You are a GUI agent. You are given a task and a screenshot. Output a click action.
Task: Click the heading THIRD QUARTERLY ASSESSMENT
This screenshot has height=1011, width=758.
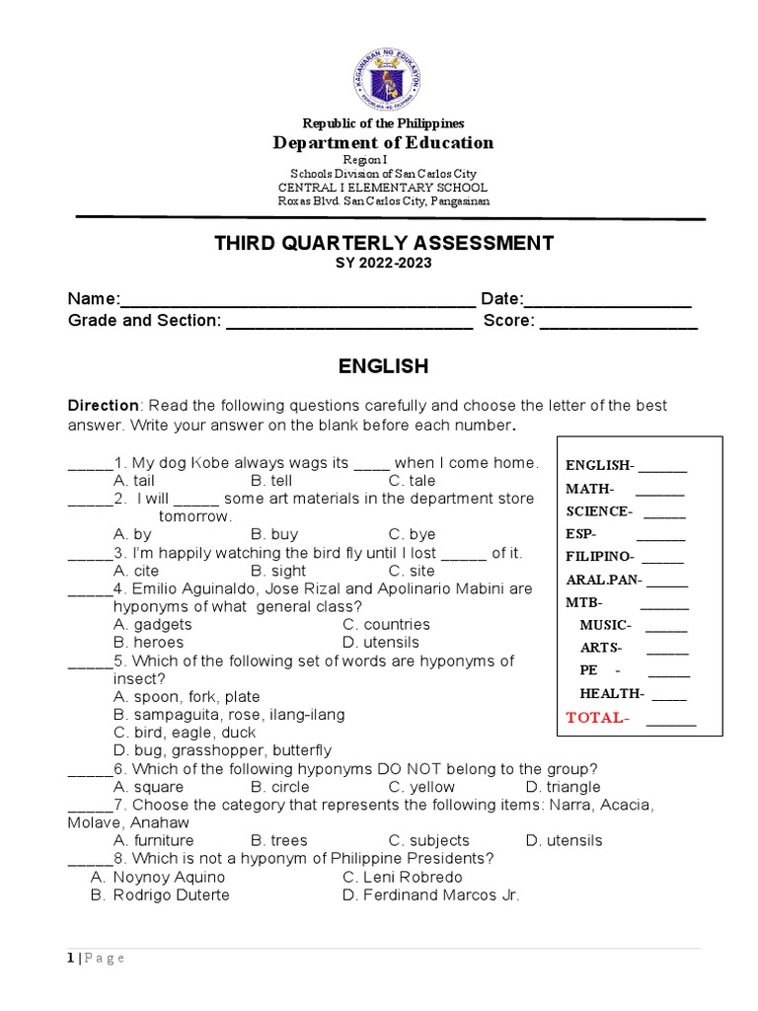click(384, 243)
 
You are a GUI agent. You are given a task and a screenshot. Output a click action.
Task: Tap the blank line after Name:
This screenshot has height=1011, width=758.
click(296, 301)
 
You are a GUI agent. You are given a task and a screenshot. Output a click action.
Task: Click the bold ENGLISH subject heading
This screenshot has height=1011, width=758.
click(384, 367)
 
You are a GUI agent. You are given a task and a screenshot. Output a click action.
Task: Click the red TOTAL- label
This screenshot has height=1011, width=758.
click(597, 718)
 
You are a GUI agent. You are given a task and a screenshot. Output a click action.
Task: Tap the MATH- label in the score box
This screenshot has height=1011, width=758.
click(589, 489)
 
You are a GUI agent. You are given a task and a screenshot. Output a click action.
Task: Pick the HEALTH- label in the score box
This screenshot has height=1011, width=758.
click(612, 693)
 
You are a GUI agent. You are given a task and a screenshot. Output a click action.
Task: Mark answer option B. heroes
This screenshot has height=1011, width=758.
click(148, 643)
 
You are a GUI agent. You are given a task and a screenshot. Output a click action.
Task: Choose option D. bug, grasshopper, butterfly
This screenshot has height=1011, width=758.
click(222, 750)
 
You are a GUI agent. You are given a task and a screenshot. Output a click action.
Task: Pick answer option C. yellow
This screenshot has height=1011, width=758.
click(421, 787)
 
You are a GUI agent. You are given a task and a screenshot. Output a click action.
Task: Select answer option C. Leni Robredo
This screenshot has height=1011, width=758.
click(402, 877)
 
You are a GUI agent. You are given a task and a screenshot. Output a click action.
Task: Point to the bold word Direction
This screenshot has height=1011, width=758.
click(103, 406)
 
